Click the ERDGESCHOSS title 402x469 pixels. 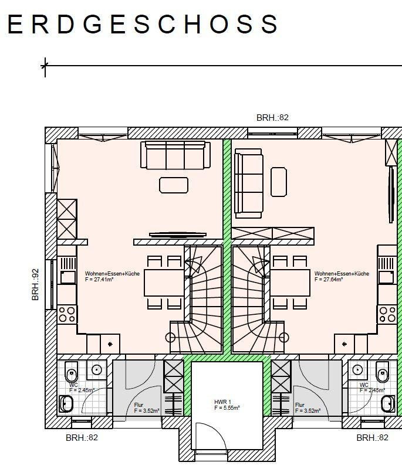click(x=143, y=24)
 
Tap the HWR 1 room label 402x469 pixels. click(x=222, y=402)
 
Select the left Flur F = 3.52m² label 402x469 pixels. click(x=147, y=408)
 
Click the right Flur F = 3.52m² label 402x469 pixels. click(x=308, y=408)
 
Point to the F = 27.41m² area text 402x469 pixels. click(x=99, y=280)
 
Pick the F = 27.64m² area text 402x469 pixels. click(x=329, y=280)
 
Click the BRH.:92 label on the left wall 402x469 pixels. click(x=35, y=284)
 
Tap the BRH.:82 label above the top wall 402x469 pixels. click(x=272, y=118)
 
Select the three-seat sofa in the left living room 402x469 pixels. click(x=175, y=155)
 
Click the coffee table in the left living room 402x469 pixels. click(x=174, y=185)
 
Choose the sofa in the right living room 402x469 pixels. click(x=249, y=183)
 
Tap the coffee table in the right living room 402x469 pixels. click(x=279, y=182)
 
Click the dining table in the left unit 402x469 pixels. click(x=164, y=283)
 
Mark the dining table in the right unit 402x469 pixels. click(x=290, y=283)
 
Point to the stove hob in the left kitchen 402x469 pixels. click(x=67, y=314)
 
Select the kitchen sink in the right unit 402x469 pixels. click(x=386, y=277)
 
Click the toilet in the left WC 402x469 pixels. click(x=71, y=372)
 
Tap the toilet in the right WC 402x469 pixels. click(x=383, y=372)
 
